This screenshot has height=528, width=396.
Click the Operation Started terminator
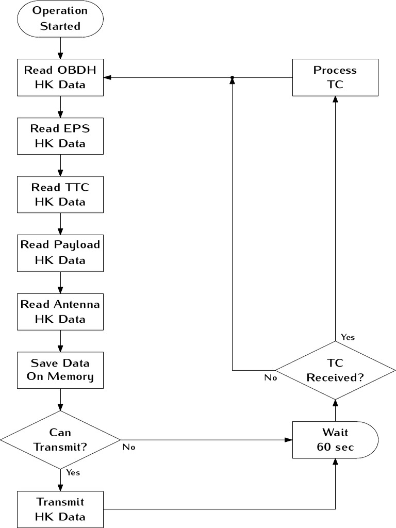pyautogui.click(x=60, y=19)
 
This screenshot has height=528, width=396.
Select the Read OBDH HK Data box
pyautogui.click(x=60, y=77)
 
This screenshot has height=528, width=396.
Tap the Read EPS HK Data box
pyautogui.click(x=60, y=136)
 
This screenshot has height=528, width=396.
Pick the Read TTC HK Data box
pyautogui.click(x=60, y=194)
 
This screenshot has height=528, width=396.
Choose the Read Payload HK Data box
pyautogui.click(x=60, y=253)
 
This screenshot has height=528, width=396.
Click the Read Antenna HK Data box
pyautogui.click(x=60, y=311)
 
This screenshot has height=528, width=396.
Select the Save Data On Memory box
pyautogui.click(x=60, y=370)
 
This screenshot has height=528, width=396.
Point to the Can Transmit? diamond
pyautogui.click(x=60, y=440)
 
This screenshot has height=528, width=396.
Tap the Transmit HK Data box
pyautogui.click(x=60, y=509)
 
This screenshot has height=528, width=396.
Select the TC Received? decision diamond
pyautogui.click(x=335, y=370)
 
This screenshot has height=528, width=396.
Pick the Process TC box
pyautogui.click(x=335, y=77)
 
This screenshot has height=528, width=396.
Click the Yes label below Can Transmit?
pyautogui.click(x=73, y=472)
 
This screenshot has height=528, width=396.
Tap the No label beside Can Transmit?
pyautogui.click(x=129, y=447)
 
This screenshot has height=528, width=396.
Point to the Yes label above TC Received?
pyautogui.click(x=348, y=337)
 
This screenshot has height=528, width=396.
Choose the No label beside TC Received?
pyautogui.click(x=271, y=377)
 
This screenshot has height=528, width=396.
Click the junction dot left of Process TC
pyautogui.click(x=233, y=77)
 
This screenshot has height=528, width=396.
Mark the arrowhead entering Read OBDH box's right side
pyautogui.click(x=107, y=77)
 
